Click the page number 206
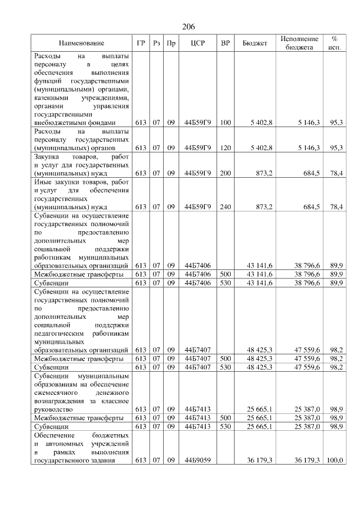point(188,26)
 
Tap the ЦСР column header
point(197,43)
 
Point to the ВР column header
point(225,43)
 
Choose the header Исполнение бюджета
point(299,43)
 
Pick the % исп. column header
point(335,43)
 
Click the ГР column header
point(141,43)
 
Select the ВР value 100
point(225,122)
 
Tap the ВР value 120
point(225,147)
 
